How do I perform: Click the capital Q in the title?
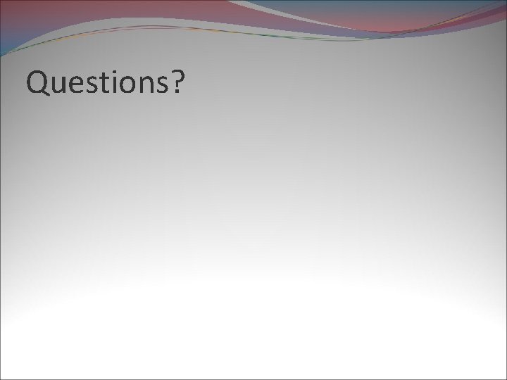pyautogui.click(x=37, y=83)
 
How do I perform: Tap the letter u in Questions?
pyautogui.click(x=60, y=86)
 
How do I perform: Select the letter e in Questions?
pyautogui.click(x=78, y=86)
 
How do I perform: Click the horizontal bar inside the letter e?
pyautogui.click(x=78, y=85)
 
